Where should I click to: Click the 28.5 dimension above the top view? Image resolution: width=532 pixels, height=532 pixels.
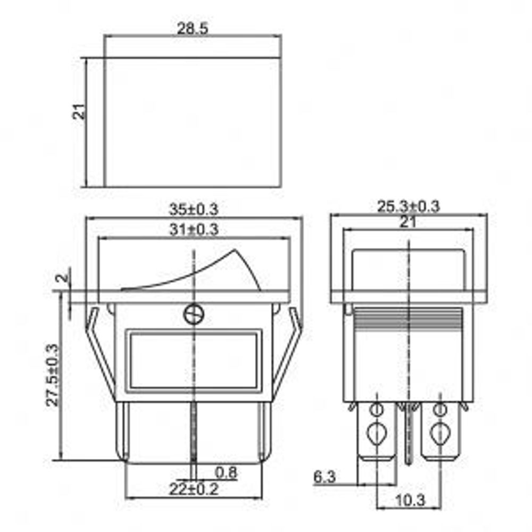pos(193,29)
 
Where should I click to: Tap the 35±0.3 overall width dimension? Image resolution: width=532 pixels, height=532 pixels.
pos(194,209)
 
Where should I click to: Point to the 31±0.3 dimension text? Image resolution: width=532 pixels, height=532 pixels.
pos(194,230)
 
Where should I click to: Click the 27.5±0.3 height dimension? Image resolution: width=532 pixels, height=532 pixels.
pos(52,375)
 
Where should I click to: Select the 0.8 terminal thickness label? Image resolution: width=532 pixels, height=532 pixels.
pos(226,472)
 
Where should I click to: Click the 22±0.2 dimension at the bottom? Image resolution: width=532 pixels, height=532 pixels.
pos(194,489)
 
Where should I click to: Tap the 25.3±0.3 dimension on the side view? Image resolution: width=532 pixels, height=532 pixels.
pos(408,206)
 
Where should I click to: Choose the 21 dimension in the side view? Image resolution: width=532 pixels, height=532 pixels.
pos(408,222)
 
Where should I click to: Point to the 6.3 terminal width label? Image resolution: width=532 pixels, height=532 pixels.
pos(324,477)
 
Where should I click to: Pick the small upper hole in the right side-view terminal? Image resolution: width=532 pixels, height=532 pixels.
pos(439,410)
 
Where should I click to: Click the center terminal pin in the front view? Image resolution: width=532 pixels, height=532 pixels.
pos(194,431)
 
